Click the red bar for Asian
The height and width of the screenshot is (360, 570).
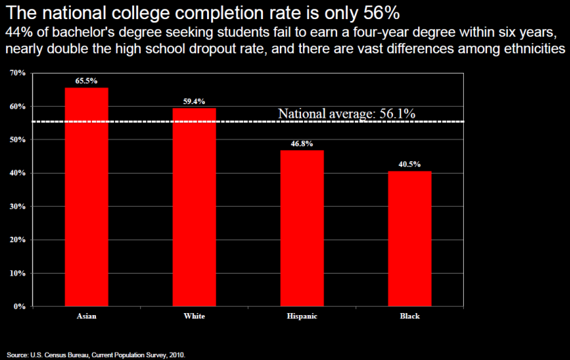[86, 197]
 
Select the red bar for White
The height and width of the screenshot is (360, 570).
[194, 207]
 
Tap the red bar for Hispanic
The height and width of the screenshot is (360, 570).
[302, 228]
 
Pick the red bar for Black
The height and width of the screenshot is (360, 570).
[410, 238]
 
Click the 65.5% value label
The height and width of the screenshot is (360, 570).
[86, 80]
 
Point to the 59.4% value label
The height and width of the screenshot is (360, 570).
[194, 101]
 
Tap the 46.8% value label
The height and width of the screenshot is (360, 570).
[302, 143]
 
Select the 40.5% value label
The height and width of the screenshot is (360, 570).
[410, 164]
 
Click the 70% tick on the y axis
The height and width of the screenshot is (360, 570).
[17, 73]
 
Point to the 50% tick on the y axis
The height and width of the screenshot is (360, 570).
[17, 140]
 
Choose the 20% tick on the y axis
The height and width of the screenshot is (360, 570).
[17, 240]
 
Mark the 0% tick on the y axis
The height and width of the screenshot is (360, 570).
[19, 306]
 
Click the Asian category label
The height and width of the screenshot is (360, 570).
[86, 316]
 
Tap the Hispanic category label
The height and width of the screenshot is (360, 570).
[302, 316]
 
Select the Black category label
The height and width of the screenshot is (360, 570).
[410, 316]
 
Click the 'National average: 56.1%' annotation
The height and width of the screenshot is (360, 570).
[347, 114]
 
